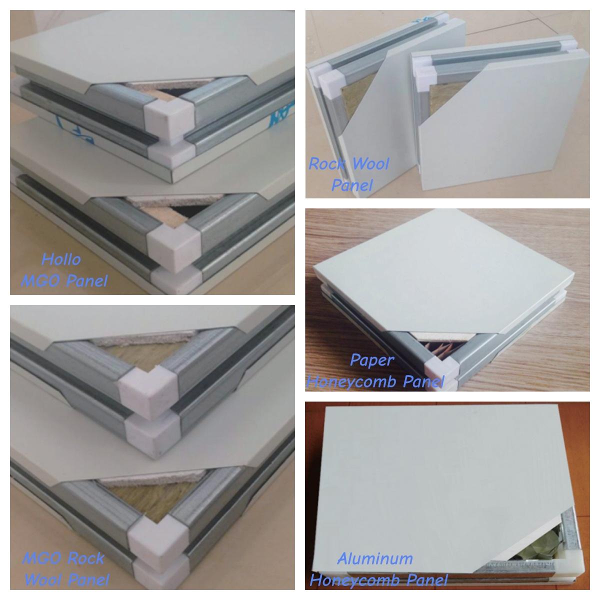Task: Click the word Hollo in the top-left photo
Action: (61, 259)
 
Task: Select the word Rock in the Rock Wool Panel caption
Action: (327, 164)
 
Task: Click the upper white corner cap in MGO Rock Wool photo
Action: (148, 393)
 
